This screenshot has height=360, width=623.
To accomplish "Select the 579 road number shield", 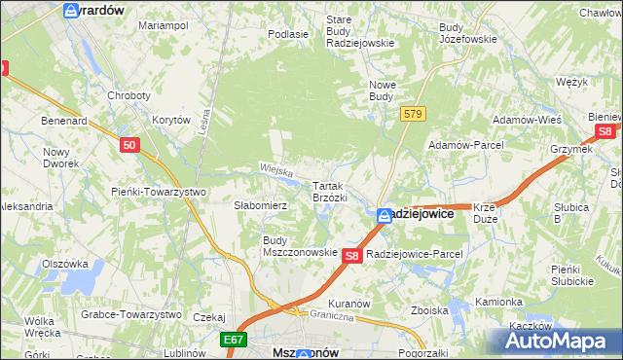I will pyautogui.click(x=413, y=115).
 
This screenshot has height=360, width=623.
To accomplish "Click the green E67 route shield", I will pyautogui.click(x=232, y=340).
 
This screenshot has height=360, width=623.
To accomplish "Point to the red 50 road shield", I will pyautogui.click(x=130, y=145).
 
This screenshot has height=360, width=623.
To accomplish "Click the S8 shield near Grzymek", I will pyautogui.click(x=605, y=131).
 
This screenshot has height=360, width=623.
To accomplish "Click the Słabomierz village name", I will pyautogui.click(x=260, y=206).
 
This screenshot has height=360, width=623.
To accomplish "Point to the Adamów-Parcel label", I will pyautogui.click(x=463, y=145).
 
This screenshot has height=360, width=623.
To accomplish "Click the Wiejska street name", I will pyautogui.click(x=276, y=168).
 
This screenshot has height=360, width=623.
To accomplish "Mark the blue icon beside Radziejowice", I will pyautogui.click(x=385, y=215).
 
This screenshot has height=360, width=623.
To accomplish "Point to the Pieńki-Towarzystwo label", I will pyautogui.click(x=159, y=192).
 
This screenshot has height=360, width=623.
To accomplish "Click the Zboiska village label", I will pyautogui.click(x=429, y=311).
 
